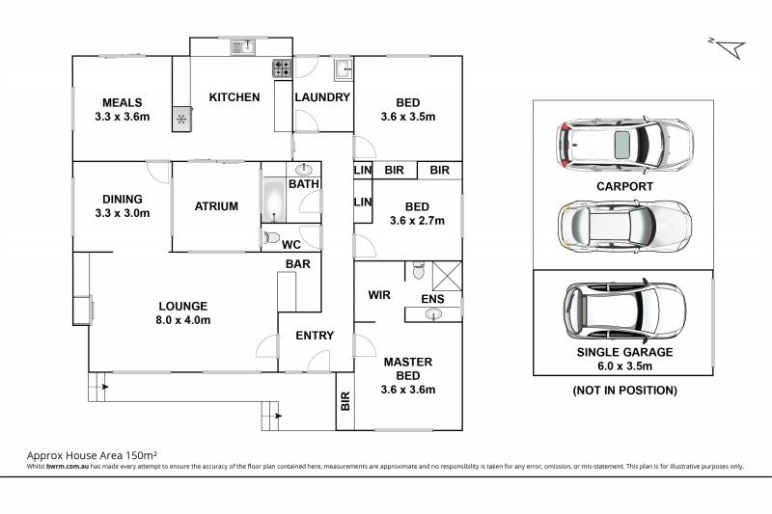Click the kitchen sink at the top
(243, 47)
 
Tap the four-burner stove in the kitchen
(283, 68)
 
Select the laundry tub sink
(344, 69)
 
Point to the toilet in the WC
(271, 237)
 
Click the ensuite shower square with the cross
(447, 276)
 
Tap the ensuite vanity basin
(433, 313)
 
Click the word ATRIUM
(216, 206)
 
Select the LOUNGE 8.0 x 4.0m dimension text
(183, 320)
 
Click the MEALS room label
(123, 103)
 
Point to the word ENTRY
(315, 336)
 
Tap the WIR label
(379, 295)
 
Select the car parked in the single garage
(624, 311)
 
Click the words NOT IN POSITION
(624, 390)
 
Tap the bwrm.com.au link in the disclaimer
(68, 467)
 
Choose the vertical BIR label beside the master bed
(345, 401)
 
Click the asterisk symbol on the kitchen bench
(181, 119)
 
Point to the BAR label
(298, 264)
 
